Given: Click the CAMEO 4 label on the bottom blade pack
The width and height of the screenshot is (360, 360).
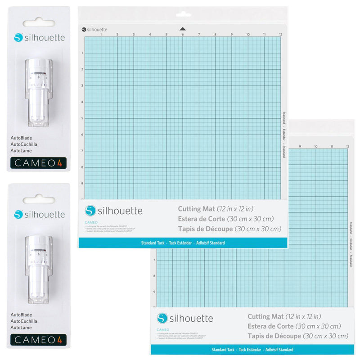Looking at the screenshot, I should pyautogui.click(x=38, y=339).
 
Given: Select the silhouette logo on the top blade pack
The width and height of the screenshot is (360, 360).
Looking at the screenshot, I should pyautogui.click(x=39, y=38).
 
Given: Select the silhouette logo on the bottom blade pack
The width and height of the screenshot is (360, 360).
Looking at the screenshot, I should pyautogui.click(x=39, y=215).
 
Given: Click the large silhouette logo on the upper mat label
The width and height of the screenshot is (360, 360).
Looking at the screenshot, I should pyautogui.click(x=114, y=211).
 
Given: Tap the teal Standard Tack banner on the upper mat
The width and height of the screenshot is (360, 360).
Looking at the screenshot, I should pyautogui.click(x=183, y=243).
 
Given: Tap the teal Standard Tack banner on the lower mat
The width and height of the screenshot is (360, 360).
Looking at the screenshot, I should pyautogui.click(x=252, y=350).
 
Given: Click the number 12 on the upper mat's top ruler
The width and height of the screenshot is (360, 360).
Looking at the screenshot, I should pyautogui.click(x=280, y=34).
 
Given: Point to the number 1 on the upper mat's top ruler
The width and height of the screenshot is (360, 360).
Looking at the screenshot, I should pyautogui.click(x=101, y=34).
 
